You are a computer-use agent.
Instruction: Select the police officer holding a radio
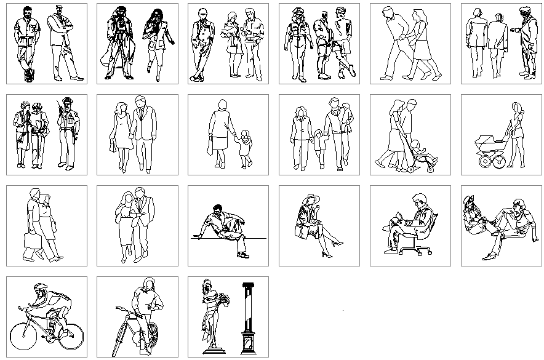[66, 132]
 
